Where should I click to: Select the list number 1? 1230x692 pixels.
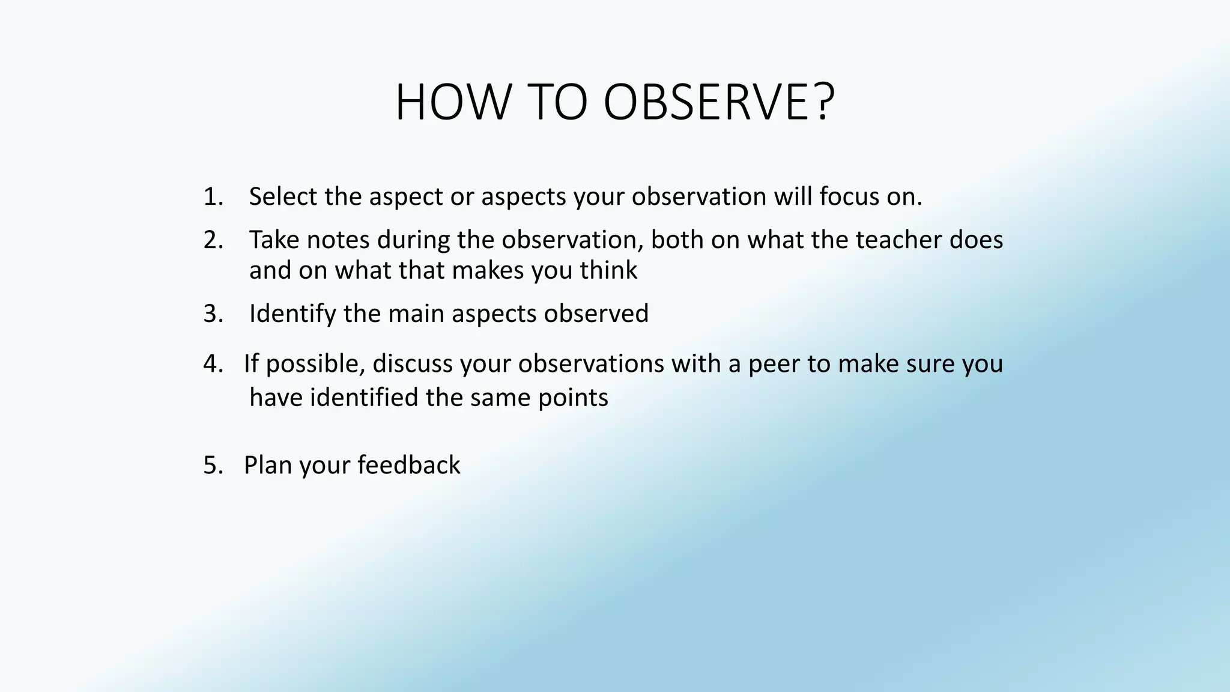pos(212,197)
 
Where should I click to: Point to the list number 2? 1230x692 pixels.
pos(212,240)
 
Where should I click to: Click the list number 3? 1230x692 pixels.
pos(212,314)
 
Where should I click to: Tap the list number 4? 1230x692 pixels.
pos(212,364)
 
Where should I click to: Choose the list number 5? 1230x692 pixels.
pos(212,466)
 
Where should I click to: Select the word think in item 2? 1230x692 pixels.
pos(608,270)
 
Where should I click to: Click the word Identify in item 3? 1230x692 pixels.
pos(292,314)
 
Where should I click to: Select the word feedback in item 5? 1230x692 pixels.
pos(408,466)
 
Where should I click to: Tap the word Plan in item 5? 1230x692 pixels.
pos(267,466)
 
